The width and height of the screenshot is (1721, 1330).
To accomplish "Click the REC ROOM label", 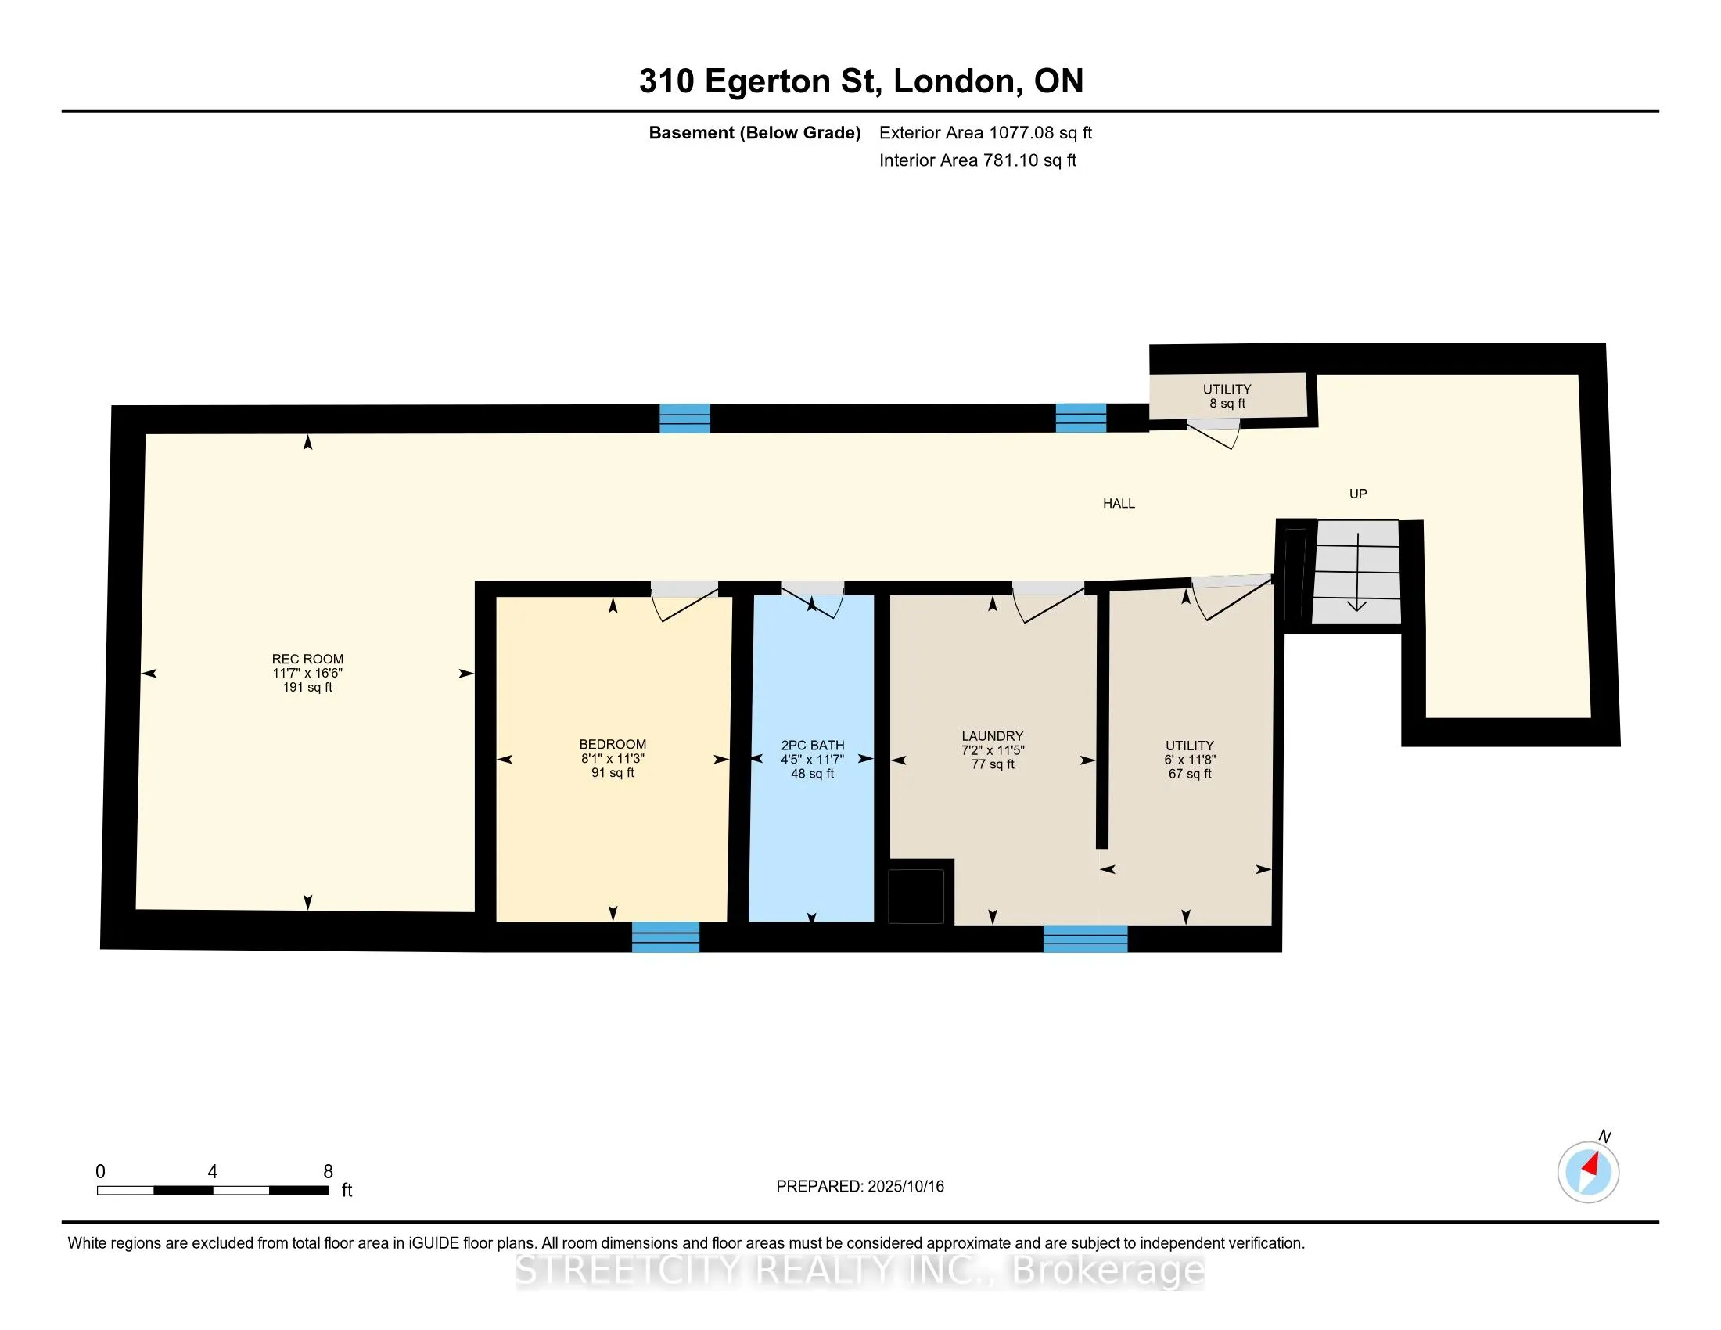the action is (307, 660).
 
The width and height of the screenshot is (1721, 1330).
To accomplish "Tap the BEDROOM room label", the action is (613, 745).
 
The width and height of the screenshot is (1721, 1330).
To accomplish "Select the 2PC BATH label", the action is (813, 746).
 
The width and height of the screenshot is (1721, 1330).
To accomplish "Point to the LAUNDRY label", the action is (992, 737).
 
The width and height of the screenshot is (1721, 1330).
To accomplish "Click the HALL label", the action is (1119, 504).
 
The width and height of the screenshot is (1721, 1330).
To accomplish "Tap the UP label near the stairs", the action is (1358, 494).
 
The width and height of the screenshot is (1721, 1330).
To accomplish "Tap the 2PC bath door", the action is (813, 598).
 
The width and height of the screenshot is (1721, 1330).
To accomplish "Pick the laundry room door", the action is (1048, 602).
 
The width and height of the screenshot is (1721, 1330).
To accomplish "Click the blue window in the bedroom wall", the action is (666, 936).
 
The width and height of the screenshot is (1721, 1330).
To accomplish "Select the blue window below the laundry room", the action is (1085, 938).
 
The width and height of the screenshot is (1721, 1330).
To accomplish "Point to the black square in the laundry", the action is (916, 896).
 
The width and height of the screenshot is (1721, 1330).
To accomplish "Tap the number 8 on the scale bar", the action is (329, 1172).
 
